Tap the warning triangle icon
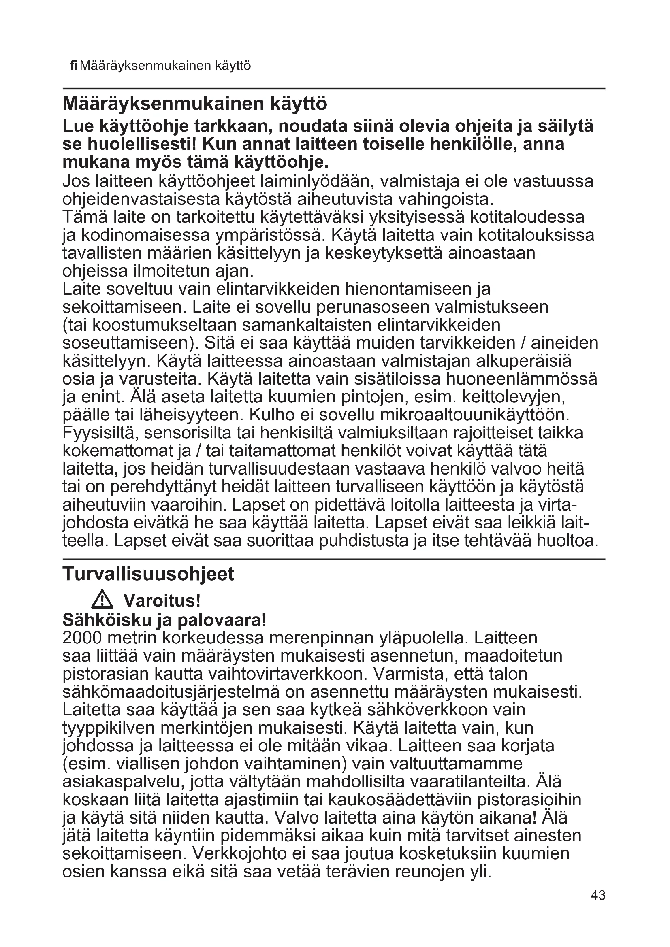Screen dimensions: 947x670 [102, 600]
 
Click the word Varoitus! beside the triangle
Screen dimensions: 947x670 [162, 601]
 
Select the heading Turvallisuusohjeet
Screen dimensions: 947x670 [148, 574]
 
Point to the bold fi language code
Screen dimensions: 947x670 [73, 66]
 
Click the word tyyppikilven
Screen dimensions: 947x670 [108, 727]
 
